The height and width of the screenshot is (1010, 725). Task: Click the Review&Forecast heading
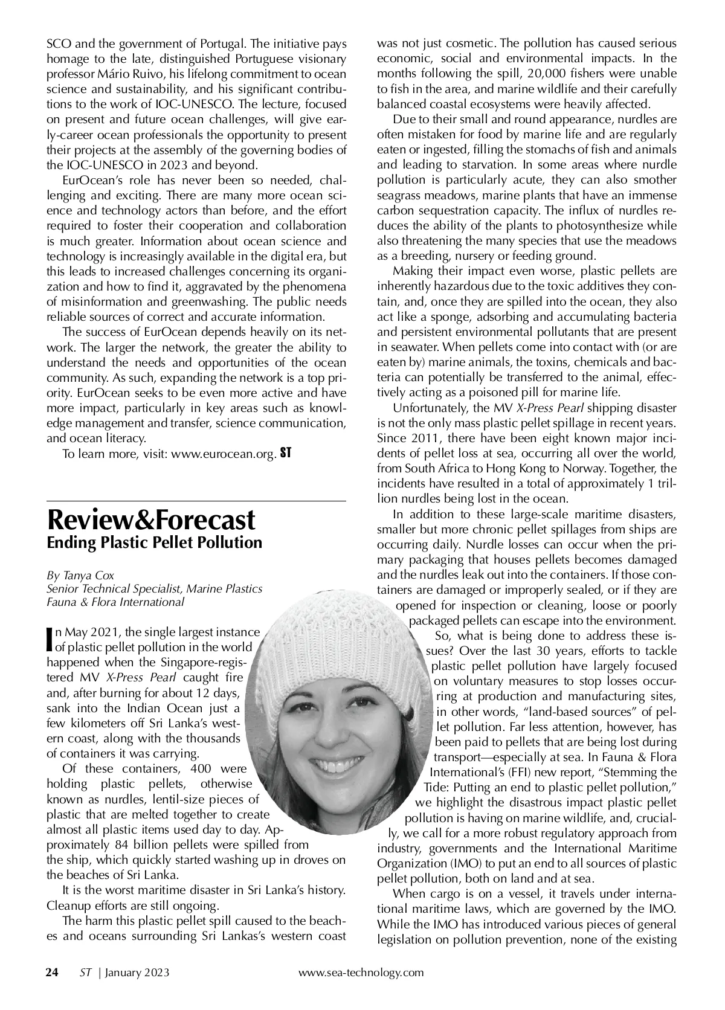click(x=151, y=519)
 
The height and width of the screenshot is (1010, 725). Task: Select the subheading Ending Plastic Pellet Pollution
click(x=155, y=542)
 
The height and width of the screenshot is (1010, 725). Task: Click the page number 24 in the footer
click(x=53, y=972)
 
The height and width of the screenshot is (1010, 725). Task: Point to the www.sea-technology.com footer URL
click(x=361, y=972)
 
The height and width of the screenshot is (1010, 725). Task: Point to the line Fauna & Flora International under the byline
click(x=115, y=602)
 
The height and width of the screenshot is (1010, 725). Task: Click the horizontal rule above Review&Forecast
click(x=196, y=501)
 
